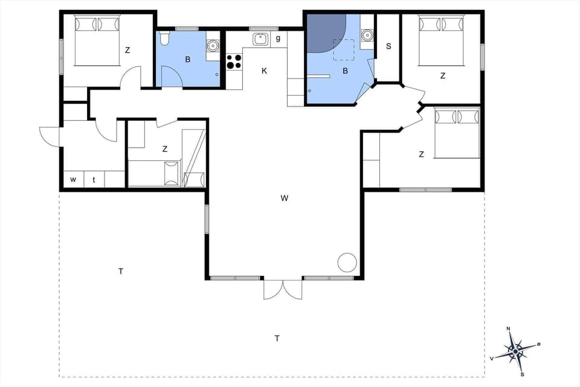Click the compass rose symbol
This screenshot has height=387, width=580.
[x=515, y=350]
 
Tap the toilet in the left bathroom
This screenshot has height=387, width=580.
[x=164, y=40]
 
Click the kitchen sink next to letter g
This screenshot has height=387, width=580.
[x=260, y=39]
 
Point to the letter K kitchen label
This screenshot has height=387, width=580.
[x=264, y=71]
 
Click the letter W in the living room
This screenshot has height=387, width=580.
[x=283, y=198]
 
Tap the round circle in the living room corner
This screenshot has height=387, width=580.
[x=347, y=262]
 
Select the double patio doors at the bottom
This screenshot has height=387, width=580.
[x=283, y=289]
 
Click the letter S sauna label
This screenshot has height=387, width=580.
[x=388, y=46]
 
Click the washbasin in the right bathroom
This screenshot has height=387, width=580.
[x=366, y=35]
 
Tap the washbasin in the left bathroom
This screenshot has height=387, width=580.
[x=213, y=45]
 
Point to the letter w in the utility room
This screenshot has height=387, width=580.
[x=73, y=180]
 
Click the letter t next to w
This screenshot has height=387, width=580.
[x=94, y=180]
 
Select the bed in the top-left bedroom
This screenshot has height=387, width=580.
[x=97, y=41]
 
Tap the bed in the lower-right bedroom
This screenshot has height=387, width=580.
[x=457, y=132]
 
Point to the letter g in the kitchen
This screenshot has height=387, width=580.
[x=278, y=39]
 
